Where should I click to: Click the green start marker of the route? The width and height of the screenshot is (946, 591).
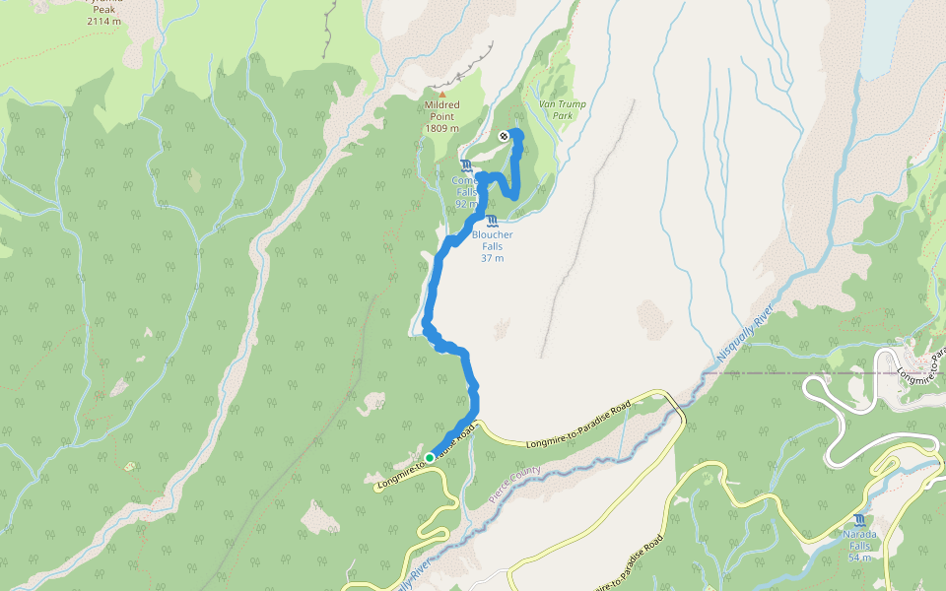[x=430, y=458]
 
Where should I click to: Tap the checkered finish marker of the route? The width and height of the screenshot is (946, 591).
[x=504, y=136]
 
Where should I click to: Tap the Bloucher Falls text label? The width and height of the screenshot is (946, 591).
[x=492, y=240]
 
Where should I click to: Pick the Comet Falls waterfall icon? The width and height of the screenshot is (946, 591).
[x=465, y=164]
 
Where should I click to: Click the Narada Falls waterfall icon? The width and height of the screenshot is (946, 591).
[x=861, y=520]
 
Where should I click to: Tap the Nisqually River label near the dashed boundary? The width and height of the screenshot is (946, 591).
[x=744, y=341]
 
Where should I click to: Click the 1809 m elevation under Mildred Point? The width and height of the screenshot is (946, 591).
[x=442, y=128]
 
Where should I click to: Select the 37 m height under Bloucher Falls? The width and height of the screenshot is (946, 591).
[x=492, y=258]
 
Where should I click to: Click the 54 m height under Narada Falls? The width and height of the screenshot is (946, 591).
[x=860, y=558]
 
